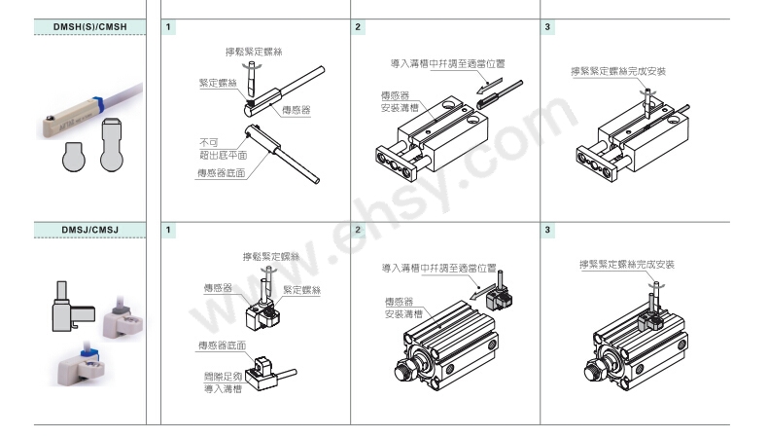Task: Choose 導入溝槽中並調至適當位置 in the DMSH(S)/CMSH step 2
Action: [447, 63]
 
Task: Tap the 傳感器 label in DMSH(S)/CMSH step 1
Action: [296, 111]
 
